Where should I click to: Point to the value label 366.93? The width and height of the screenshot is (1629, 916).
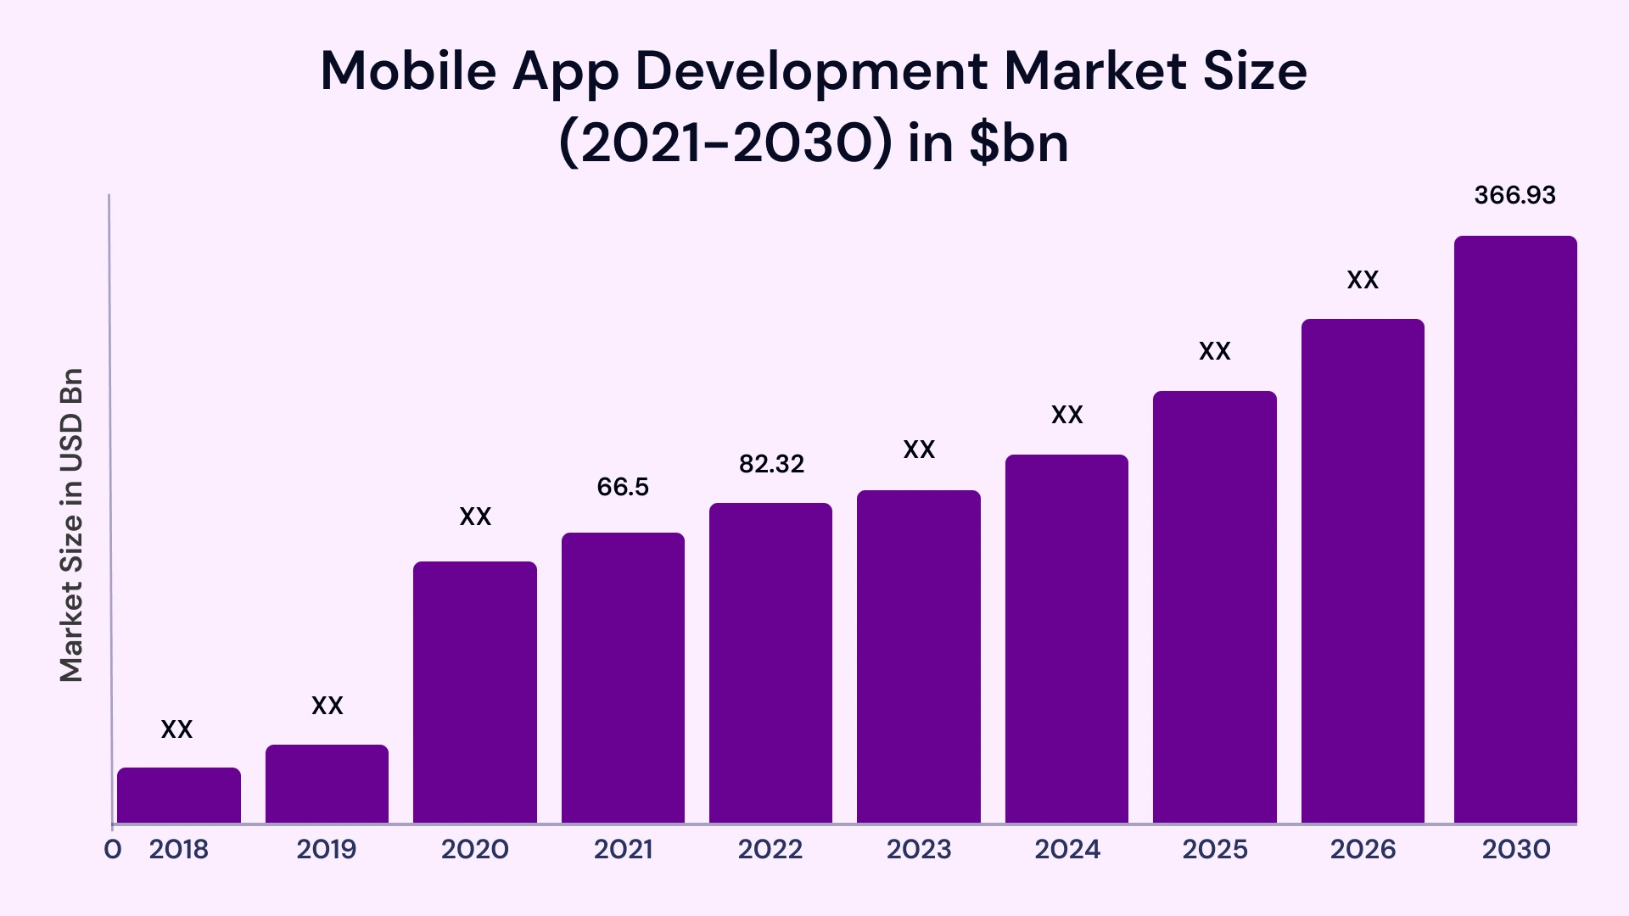[1514, 195]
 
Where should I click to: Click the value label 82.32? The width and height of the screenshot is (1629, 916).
[771, 464]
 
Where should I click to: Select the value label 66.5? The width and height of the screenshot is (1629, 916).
[623, 487]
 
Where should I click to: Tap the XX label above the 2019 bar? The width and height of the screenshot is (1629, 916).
[327, 706]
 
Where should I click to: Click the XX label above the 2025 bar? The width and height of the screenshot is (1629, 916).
[1214, 351]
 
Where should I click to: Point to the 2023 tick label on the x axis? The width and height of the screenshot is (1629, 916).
[918, 849]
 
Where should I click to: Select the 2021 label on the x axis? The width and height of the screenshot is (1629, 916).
[623, 849]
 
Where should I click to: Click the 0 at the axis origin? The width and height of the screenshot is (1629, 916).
[112, 849]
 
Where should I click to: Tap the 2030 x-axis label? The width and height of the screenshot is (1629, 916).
[1515, 849]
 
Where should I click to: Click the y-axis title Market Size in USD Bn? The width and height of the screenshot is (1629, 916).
[71, 525]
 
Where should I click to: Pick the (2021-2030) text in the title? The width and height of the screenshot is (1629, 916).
[725, 142]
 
